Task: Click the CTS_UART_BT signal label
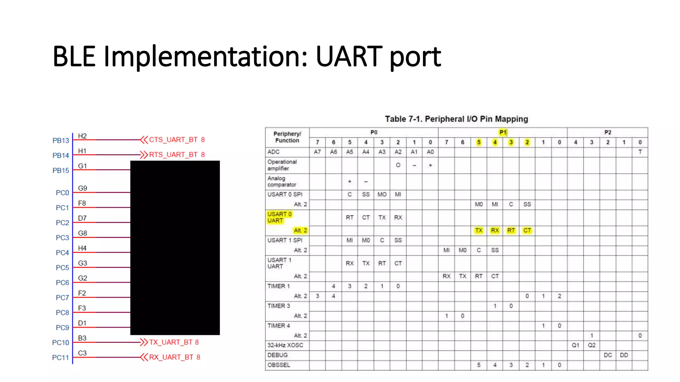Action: tap(173, 140)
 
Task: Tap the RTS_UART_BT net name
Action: tap(173, 155)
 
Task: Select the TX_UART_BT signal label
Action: tap(170, 342)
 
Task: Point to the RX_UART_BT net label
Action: tap(171, 357)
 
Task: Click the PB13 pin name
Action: tap(61, 141)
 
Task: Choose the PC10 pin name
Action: tap(60, 343)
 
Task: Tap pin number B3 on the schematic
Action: tap(82, 338)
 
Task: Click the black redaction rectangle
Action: tap(175, 248)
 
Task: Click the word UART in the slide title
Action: tap(349, 56)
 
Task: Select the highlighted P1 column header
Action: tap(503, 132)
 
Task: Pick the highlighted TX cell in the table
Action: tap(478, 230)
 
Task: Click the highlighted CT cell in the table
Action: tap(527, 230)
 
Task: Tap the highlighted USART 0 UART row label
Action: tap(279, 217)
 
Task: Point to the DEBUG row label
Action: tap(278, 355)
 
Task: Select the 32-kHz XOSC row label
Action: tap(285, 345)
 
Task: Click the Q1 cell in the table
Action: tap(575, 345)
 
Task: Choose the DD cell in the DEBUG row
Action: tap(624, 355)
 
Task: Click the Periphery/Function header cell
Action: tap(287, 137)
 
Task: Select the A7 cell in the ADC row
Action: tap(317, 152)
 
